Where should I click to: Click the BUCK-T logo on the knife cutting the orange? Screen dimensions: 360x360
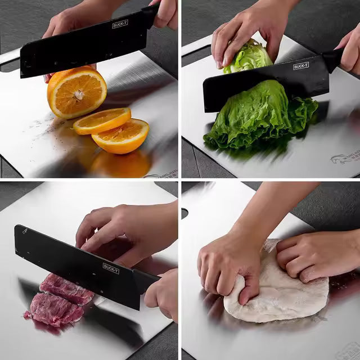coord(120,24)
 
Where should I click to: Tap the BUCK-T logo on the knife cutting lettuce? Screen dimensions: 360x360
coord(301,66)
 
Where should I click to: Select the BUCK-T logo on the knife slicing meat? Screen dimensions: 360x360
coord(111,268)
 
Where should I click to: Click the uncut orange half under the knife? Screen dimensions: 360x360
coord(76,92)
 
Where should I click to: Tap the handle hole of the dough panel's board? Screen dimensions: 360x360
coord(184,213)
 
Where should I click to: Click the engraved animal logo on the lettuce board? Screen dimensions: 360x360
coord(344,158)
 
